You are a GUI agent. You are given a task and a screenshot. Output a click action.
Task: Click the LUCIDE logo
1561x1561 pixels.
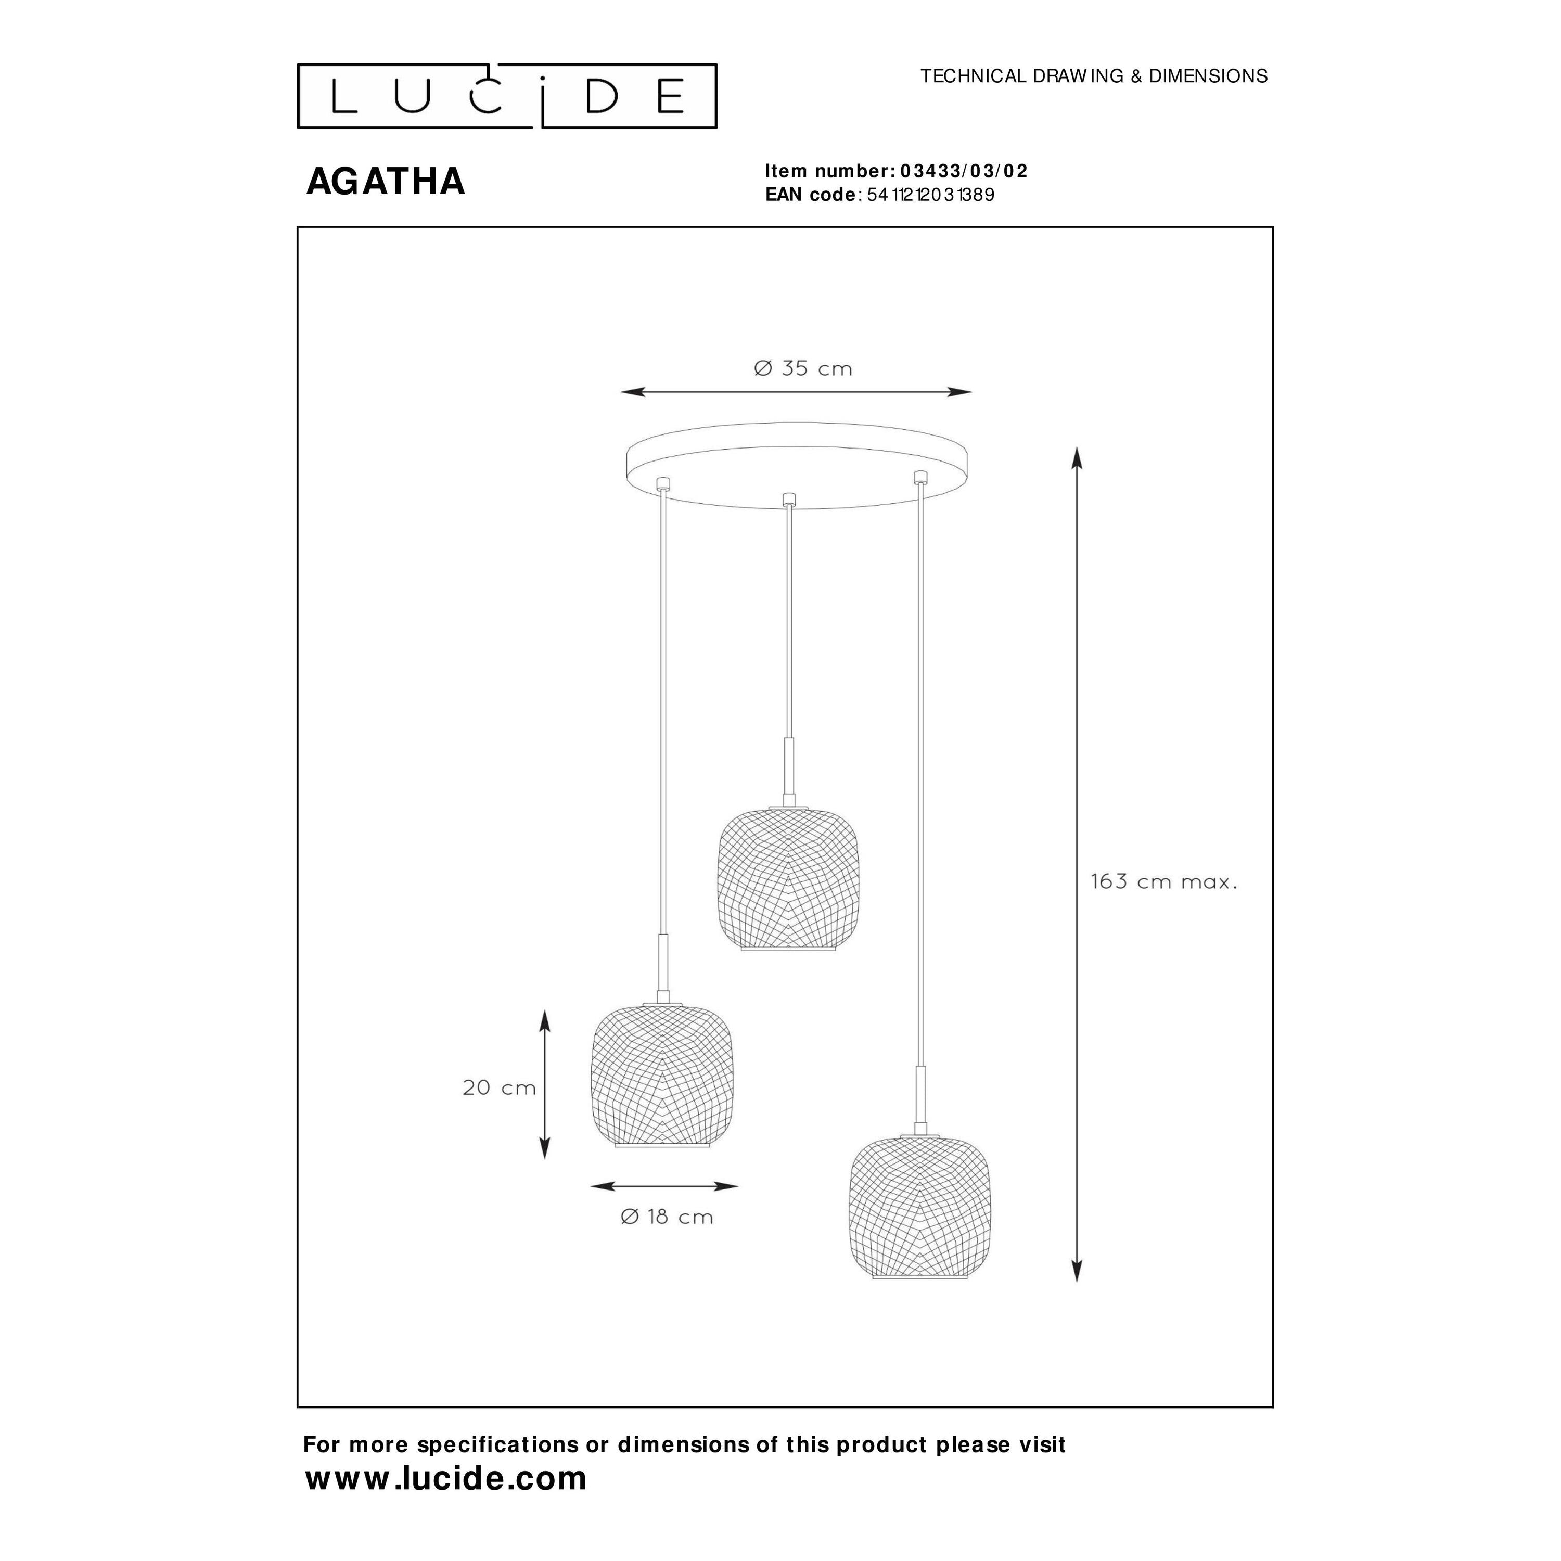pyautogui.click(x=507, y=96)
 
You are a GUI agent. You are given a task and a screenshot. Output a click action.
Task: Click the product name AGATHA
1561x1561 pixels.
pyautogui.click(x=386, y=181)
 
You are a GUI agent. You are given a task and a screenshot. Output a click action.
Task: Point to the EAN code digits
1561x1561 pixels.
pyautogui.click(x=930, y=195)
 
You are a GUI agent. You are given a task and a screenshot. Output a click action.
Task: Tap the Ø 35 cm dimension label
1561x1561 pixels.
pyautogui.click(x=803, y=368)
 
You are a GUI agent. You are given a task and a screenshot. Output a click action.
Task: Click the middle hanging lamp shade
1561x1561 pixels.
pyautogui.click(x=788, y=878)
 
